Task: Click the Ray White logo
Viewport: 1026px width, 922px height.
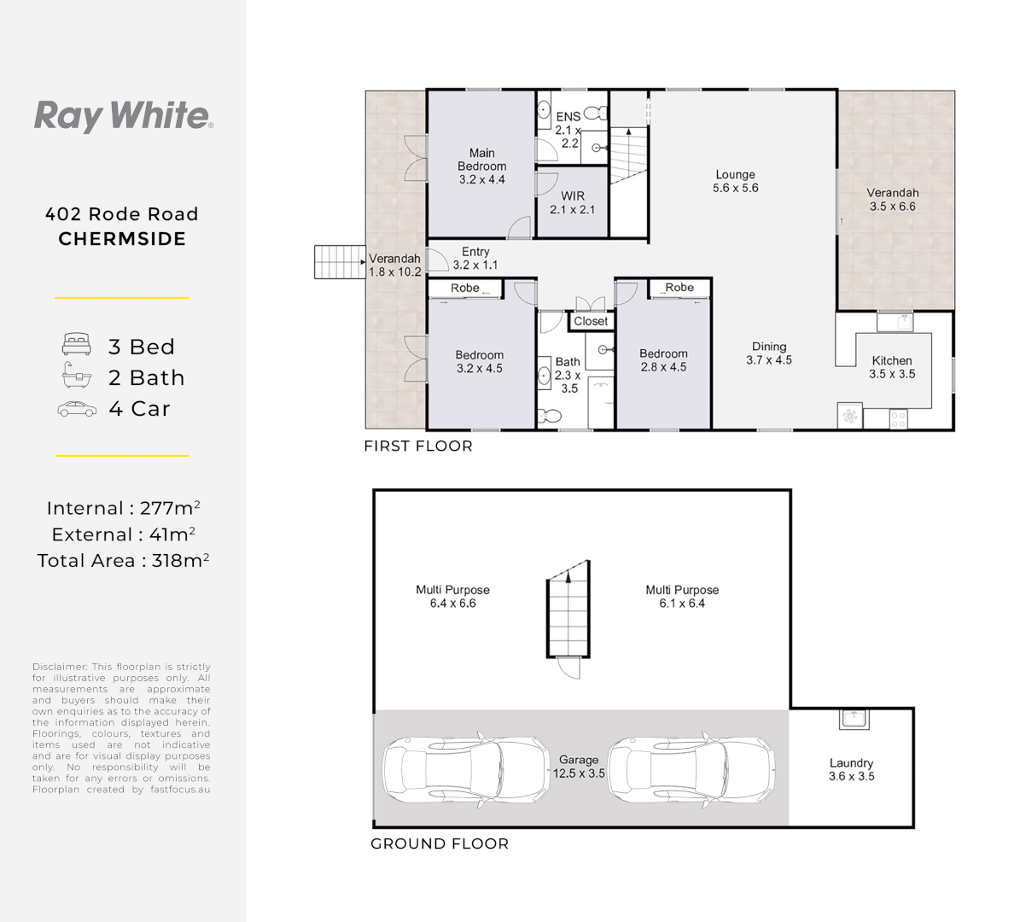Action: [x=123, y=115]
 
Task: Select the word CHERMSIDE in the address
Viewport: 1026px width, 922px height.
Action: [x=122, y=239]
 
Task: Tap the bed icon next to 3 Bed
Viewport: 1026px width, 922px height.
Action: [x=77, y=346]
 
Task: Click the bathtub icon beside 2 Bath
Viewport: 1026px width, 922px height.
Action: [x=77, y=376]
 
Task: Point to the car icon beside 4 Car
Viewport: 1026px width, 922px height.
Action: [x=77, y=409]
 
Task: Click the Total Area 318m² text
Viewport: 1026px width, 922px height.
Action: [x=123, y=561]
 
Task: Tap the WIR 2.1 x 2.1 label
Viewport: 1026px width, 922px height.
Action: [x=572, y=202]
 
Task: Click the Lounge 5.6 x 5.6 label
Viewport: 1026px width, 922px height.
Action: [x=735, y=181]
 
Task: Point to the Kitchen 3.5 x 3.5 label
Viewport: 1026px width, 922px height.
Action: [x=892, y=367]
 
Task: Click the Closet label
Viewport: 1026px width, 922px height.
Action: [x=591, y=321]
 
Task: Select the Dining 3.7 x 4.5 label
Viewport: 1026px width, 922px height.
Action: [x=768, y=353]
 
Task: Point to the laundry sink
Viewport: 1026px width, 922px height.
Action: [x=854, y=719]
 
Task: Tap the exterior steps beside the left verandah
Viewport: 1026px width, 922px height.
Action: [x=340, y=262]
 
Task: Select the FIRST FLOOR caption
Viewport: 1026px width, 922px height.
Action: [x=417, y=446]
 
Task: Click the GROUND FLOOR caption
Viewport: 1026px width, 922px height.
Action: [x=439, y=843]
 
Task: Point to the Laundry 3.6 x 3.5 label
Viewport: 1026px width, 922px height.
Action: [x=851, y=769]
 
